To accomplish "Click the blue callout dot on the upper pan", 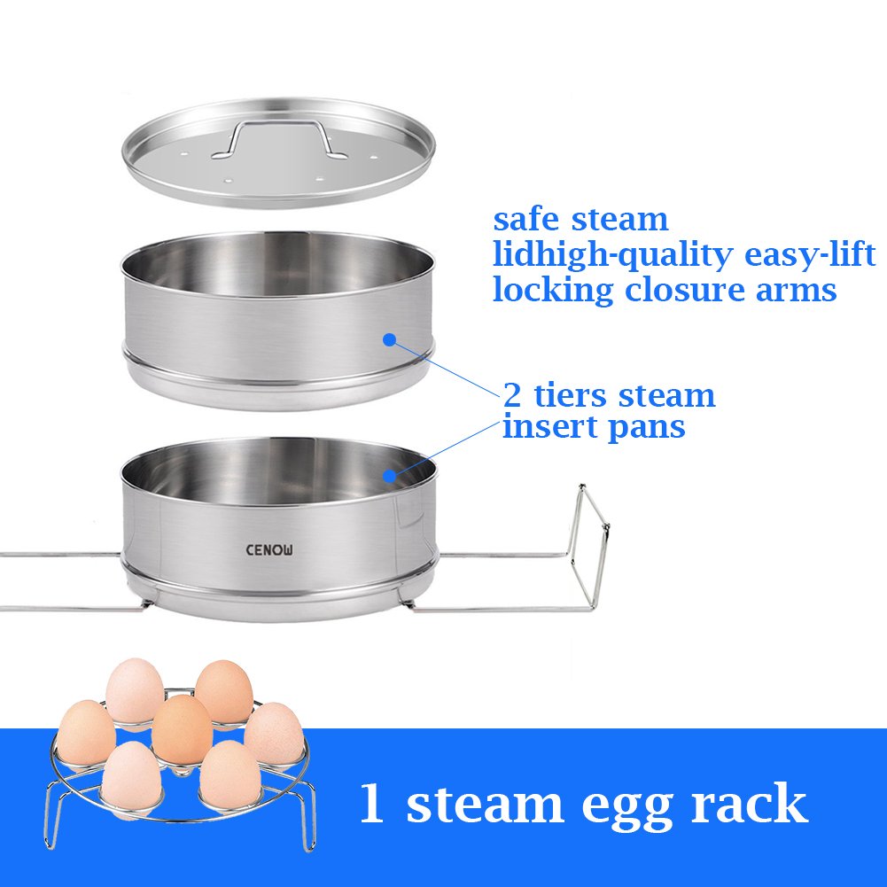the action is (x=388, y=338).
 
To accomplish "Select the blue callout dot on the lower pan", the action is (x=389, y=476).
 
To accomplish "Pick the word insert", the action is (x=546, y=426).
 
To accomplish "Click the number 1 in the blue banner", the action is (x=373, y=805).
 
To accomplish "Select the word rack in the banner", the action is (x=750, y=805).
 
